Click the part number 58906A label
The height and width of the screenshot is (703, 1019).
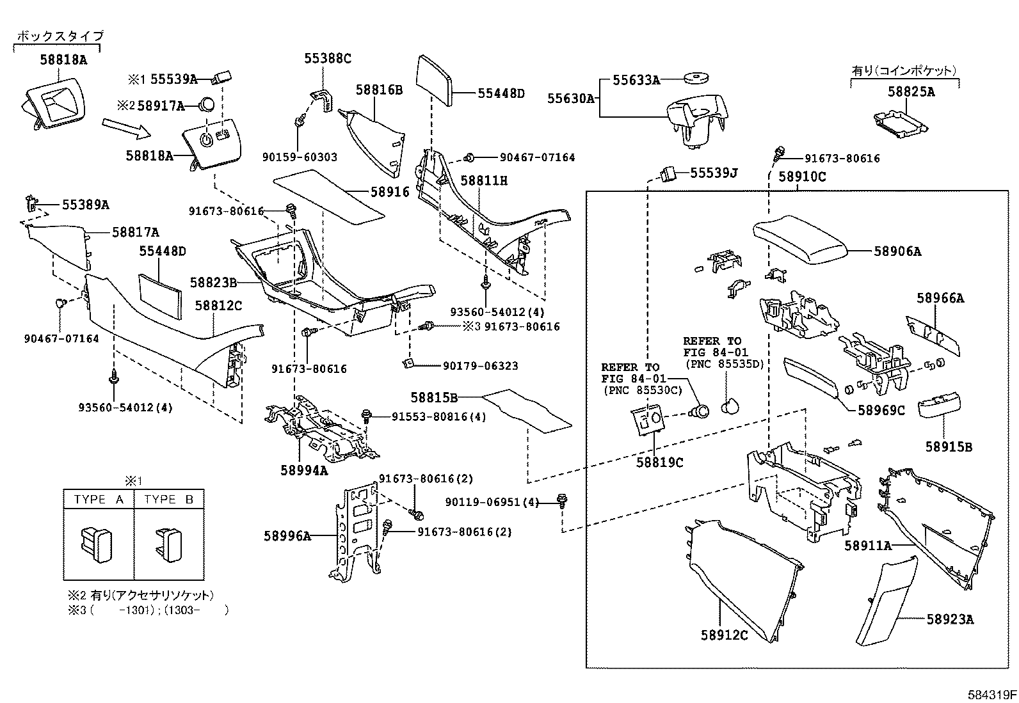(x=897, y=252)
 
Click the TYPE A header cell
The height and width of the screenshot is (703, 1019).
(x=99, y=500)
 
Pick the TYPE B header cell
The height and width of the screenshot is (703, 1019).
(x=169, y=500)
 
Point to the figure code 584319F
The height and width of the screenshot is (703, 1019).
(x=991, y=694)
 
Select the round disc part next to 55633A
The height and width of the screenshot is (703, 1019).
(x=695, y=79)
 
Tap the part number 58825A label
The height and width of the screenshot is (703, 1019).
(x=911, y=92)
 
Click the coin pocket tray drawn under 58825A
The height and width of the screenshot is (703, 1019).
(x=900, y=123)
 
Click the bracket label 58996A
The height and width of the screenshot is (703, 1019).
(x=287, y=536)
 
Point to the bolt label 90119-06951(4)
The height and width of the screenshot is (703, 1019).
(x=492, y=503)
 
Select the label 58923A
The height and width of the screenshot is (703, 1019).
(x=950, y=619)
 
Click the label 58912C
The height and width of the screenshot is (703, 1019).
(x=724, y=635)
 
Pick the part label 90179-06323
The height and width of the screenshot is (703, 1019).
(x=480, y=366)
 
